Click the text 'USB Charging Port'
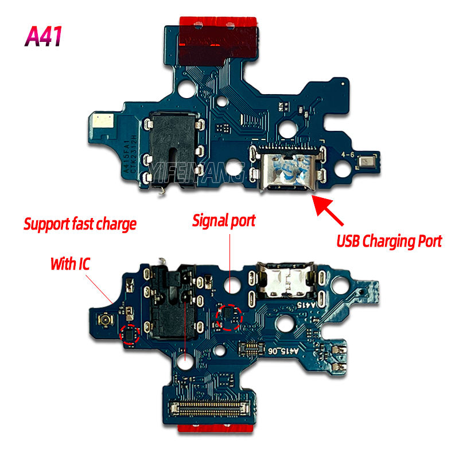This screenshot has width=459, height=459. click(x=388, y=241)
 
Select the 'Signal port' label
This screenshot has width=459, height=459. click(x=224, y=220)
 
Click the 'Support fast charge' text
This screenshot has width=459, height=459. click(x=80, y=223)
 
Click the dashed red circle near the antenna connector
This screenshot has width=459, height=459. click(x=130, y=334)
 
